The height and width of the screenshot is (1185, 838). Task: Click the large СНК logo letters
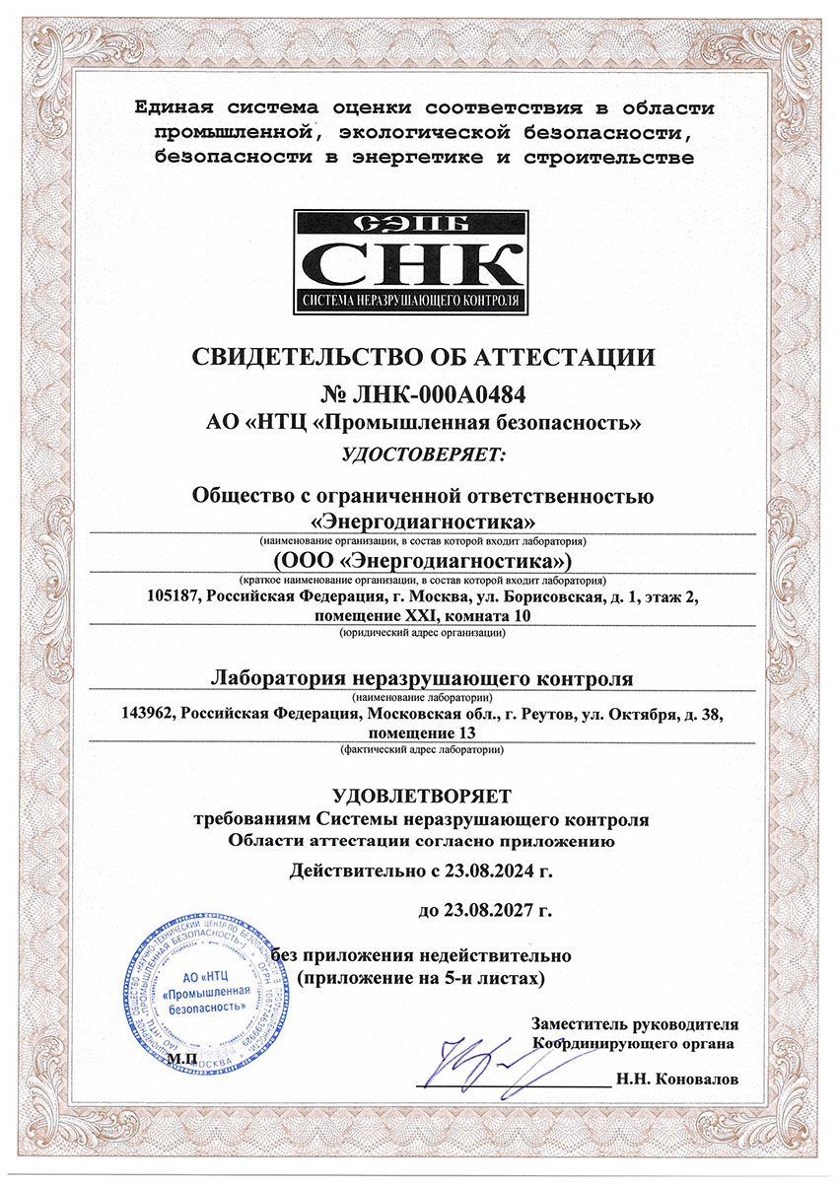click(x=418, y=263)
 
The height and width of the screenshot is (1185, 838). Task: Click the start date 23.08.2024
click(x=468, y=871)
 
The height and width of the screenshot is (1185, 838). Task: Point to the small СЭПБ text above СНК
click(x=418, y=223)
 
